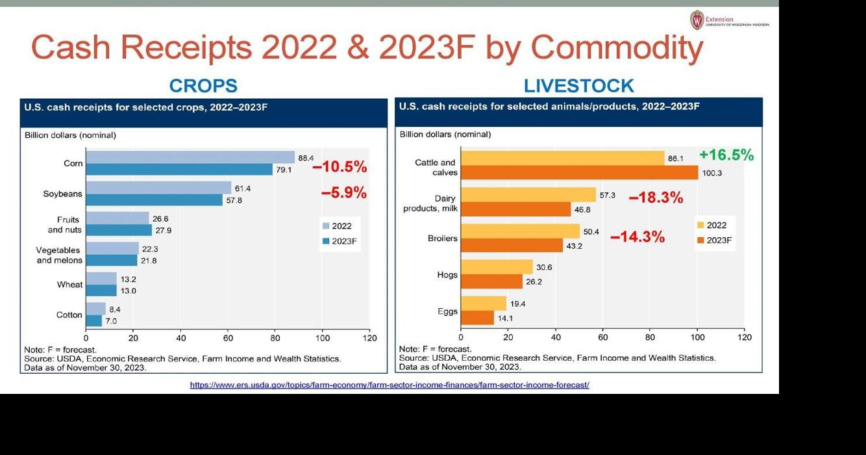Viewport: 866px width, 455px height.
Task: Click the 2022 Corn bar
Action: (190, 157)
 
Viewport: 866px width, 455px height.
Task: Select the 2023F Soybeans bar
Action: (155, 200)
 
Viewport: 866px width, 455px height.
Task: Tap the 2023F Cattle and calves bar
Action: (580, 173)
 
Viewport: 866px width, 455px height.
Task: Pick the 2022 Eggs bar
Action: (484, 304)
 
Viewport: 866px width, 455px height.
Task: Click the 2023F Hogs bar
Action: (492, 281)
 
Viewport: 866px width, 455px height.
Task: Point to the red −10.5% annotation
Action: (340, 167)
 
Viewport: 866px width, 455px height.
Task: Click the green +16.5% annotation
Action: (726, 155)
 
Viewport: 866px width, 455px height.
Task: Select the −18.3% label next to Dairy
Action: (656, 198)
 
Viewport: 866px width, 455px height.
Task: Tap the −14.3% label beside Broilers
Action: (637, 237)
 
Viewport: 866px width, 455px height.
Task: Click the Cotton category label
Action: (69, 315)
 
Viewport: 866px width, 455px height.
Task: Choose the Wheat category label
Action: (69, 285)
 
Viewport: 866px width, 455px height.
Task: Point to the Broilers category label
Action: (442, 239)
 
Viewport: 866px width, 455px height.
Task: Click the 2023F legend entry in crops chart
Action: (340, 241)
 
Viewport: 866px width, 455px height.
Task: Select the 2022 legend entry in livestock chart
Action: (711, 226)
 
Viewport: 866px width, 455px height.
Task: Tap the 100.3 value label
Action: (711, 174)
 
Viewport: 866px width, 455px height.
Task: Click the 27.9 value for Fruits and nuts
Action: (163, 231)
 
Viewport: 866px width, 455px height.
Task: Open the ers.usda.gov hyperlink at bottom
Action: (390, 385)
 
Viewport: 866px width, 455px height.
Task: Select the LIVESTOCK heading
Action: (578, 86)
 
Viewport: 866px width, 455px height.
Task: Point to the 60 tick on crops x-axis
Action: (228, 338)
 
